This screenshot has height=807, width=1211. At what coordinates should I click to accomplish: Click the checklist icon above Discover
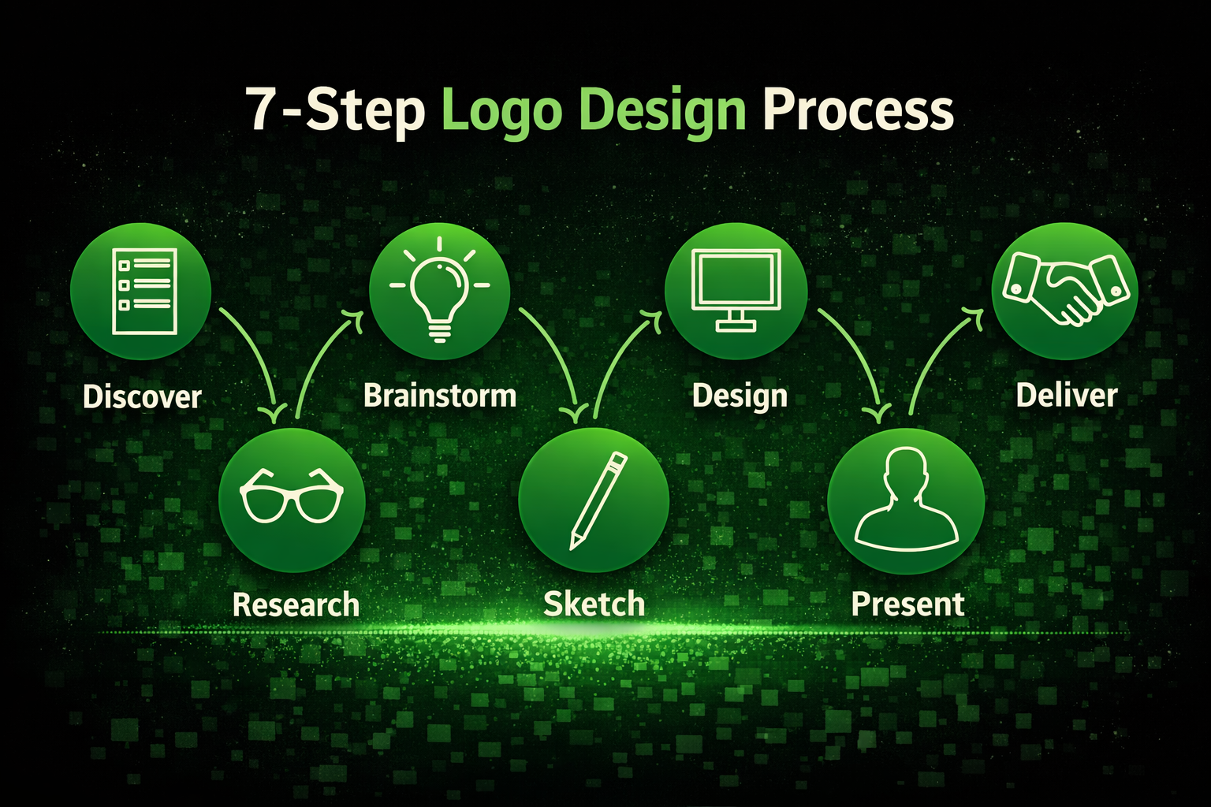click(x=142, y=291)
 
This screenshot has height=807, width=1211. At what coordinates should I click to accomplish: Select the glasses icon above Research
click(x=292, y=497)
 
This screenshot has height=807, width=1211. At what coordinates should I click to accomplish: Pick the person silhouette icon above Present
click(x=906, y=500)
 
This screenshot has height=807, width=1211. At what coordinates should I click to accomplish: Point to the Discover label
click(x=142, y=396)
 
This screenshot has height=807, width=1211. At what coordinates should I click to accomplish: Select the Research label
click(x=296, y=605)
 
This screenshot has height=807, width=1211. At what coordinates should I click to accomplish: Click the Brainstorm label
click(x=440, y=395)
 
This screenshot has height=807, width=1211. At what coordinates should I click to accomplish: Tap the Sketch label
click(x=594, y=604)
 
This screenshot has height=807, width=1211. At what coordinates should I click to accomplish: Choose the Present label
click(x=907, y=604)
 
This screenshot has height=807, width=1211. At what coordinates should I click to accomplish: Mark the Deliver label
click(x=1066, y=395)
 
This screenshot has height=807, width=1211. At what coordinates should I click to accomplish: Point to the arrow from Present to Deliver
click(x=938, y=355)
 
